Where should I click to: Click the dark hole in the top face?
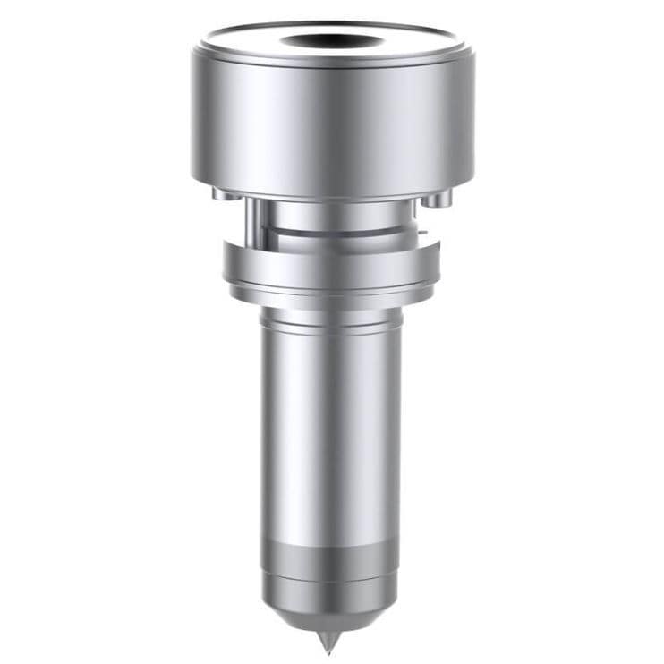point(332,41)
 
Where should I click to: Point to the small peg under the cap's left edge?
point(222,192)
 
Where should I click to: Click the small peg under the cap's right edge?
point(438,199)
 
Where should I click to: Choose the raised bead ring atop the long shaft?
point(332,319)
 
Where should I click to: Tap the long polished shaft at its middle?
point(332,430)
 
